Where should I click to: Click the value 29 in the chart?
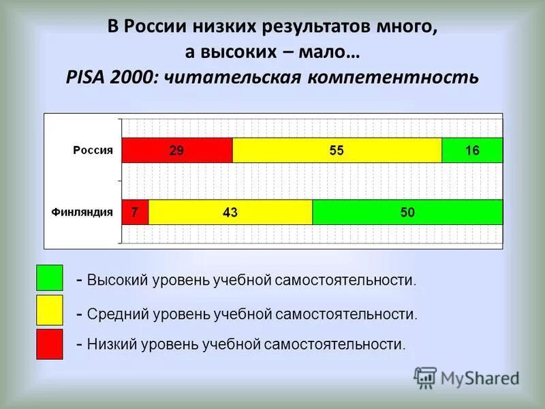176,151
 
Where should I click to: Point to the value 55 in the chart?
337,151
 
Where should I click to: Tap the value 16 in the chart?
472,151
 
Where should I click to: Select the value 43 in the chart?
230,212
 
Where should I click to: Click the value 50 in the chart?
407,212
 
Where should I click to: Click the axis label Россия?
93,150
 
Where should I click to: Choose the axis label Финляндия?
82,211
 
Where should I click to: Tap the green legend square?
49,278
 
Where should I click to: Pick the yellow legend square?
49,310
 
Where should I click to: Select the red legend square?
49,344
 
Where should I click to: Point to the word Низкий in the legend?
112,344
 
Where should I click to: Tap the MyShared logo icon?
425,377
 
